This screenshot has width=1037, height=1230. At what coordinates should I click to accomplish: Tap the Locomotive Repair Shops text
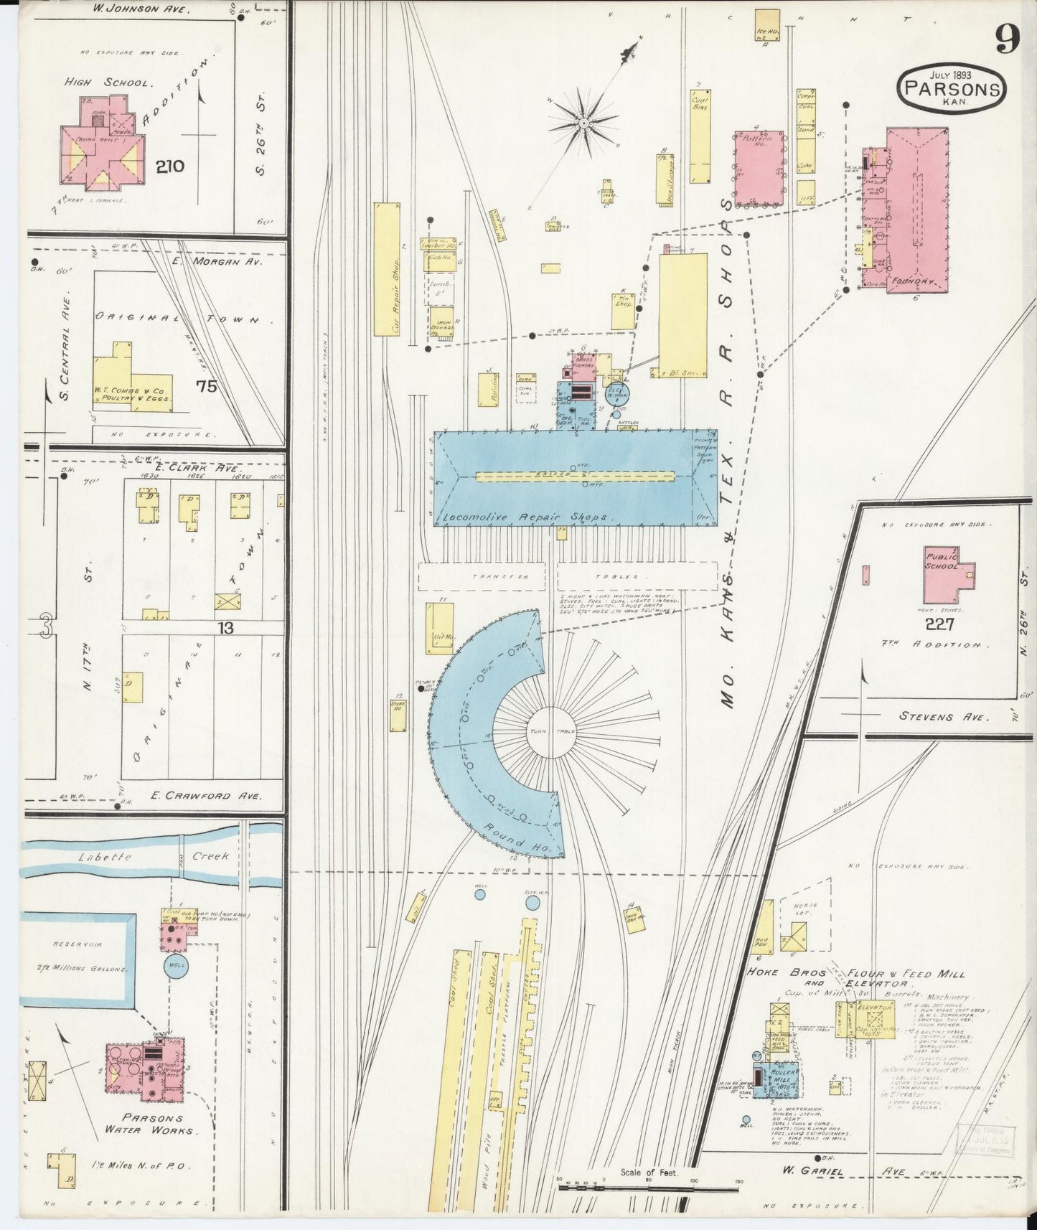click(x=526, y=517)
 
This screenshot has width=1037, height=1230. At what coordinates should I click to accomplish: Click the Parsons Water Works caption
click(x=152, y=1144)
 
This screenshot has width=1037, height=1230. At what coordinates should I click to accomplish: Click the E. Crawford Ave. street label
click(x=206, y=796)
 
